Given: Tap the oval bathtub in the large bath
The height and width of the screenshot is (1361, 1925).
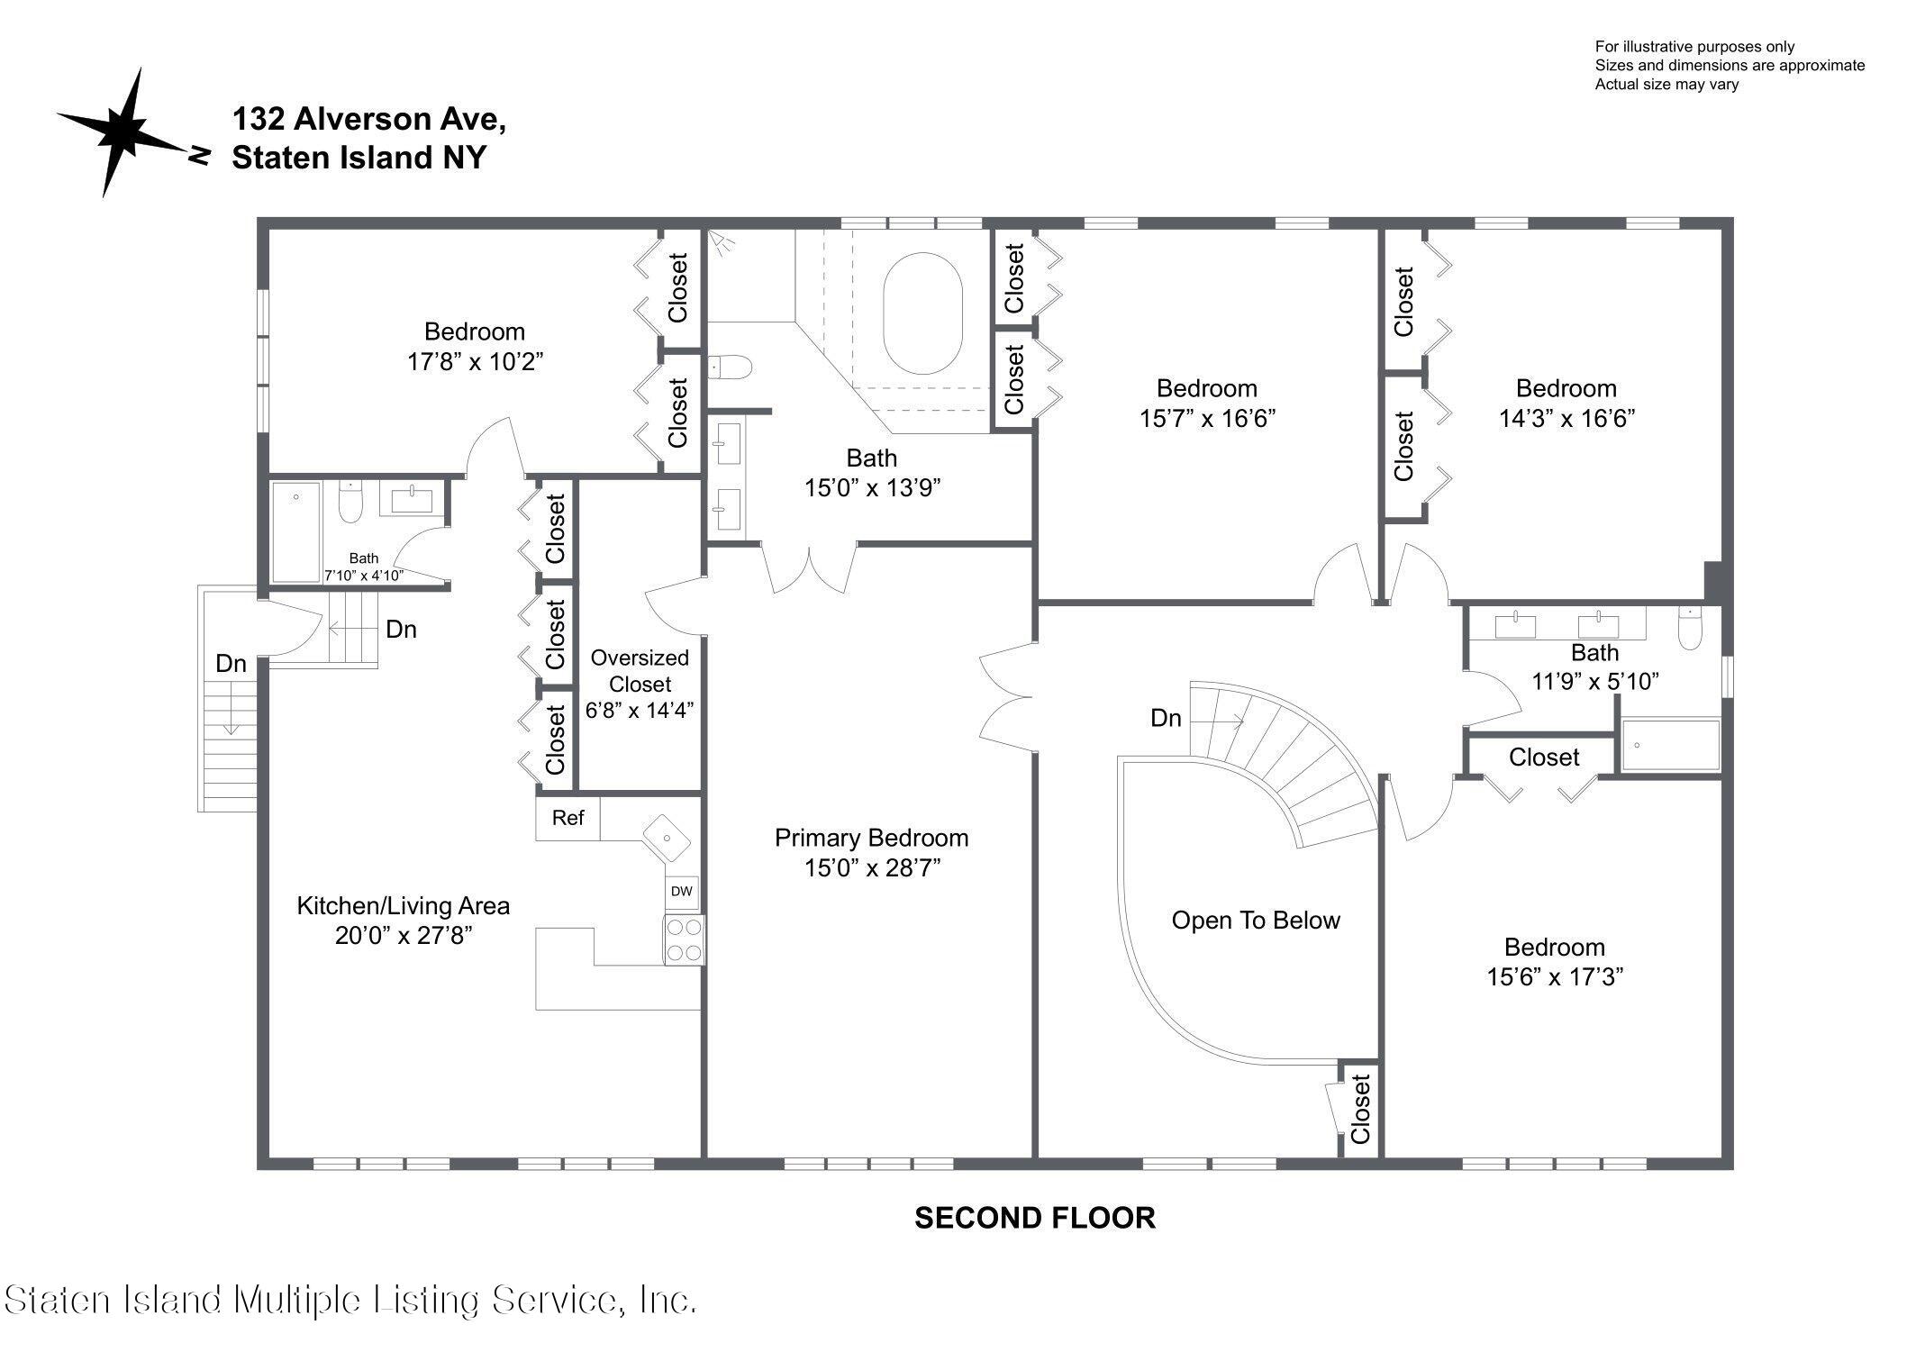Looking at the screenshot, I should (x=922, y=313).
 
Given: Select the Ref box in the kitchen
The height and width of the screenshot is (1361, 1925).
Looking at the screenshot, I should (x=568, y=818).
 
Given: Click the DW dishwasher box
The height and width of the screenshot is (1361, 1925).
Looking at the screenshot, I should (x=682, y=892).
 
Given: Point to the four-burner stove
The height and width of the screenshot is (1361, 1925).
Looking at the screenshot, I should (x=684, y=939).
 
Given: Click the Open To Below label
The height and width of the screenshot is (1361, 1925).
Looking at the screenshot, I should (x=1255, y=921).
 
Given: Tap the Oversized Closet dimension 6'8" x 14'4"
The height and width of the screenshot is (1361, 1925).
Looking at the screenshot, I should (x=639, y=711).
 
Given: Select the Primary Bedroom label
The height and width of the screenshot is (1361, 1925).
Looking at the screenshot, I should (x=871, y=838).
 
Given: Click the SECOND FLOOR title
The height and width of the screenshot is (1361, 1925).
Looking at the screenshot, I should (x=1034, y=1218).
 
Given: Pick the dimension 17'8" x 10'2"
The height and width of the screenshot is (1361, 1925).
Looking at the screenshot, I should (x=475, y=361).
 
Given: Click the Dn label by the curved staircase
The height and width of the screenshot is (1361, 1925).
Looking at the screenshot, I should (x=1166, y=718).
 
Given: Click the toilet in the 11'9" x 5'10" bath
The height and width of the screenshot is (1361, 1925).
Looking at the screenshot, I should (x=1689, y=630).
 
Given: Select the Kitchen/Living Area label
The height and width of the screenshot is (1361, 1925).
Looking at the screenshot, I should (x=403, y=906).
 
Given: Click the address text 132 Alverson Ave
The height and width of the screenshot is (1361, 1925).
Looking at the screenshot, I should (x=368, y=119).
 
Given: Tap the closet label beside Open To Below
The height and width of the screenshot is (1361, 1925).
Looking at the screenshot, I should (x=1359, y=1109).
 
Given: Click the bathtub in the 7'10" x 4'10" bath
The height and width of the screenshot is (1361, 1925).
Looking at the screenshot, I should (x=295, y=532).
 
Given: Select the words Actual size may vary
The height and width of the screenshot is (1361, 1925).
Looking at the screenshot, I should (x=1666, y=85).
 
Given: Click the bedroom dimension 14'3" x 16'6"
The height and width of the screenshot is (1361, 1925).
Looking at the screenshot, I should (x=1566, y=418).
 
